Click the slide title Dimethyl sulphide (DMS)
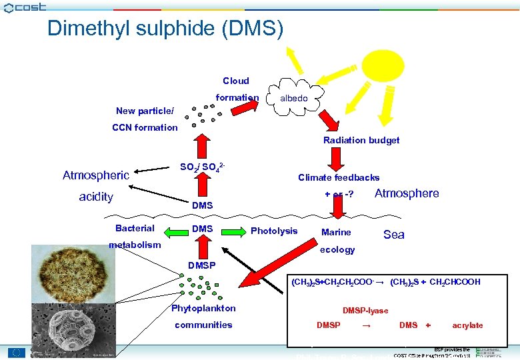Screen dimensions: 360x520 point(165,28)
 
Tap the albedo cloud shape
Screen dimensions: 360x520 point(294,99)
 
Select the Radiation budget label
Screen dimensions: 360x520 point(361,140)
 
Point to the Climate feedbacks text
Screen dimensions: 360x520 point(339,177)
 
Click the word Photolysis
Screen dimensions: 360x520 point(274,231)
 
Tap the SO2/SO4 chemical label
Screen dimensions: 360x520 point(207,165)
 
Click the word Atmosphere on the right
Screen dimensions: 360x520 point(407,193)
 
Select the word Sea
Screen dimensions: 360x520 point(394,234)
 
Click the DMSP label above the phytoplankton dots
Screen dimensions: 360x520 point(202,265)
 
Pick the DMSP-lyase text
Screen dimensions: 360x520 point(365,311)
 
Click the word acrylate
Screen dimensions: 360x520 point(467,325)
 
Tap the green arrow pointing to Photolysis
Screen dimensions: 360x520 point(233,231)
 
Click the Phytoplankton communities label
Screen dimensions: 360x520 point(203,317)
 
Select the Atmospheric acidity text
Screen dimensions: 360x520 point(96,186)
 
